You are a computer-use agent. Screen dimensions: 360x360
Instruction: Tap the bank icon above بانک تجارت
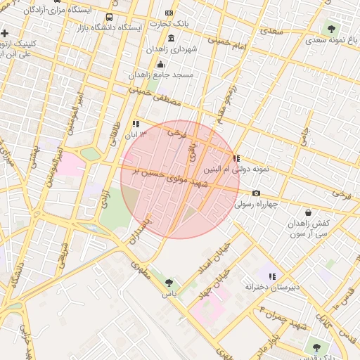tap(169, 13)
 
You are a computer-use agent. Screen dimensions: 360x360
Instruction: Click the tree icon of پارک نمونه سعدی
tap(331, 29)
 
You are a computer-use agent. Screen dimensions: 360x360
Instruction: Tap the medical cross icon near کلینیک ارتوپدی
tap(5, 33)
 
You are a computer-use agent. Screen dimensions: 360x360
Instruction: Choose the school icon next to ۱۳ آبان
tap(136, 124)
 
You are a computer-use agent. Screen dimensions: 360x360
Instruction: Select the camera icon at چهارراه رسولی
tap(256, 193)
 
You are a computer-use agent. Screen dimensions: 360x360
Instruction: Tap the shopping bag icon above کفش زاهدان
tap(308, 212)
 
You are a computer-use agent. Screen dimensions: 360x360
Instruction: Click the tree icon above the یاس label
tap(169, 282)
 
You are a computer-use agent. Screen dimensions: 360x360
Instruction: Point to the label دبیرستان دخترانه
tap(272, 287)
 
